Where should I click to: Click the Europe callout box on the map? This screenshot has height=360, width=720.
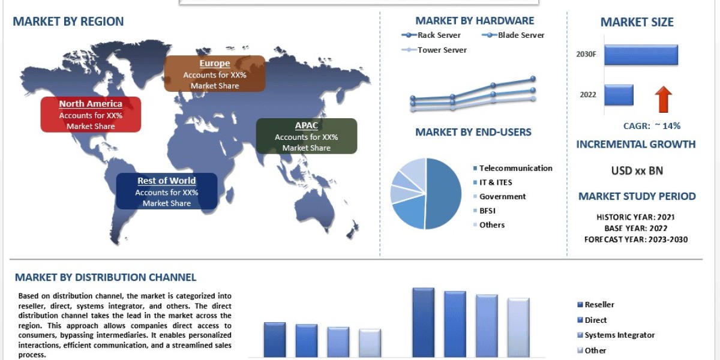click(x=215, y=74)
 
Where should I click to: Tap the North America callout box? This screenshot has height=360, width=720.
click(x=91, y=115)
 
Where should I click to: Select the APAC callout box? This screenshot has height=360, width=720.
click(x=307, y=136)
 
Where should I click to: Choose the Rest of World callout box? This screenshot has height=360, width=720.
click(x=167, y=191)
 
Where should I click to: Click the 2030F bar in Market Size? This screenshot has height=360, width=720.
click(x=641, y=55)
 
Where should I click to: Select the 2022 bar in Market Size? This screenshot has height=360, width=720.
click(x=619, y=95)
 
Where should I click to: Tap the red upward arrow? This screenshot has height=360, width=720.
click(x=663, y=100)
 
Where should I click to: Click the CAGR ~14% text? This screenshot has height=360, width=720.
click(x=652, y=126)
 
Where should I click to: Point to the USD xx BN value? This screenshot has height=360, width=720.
click(x=637, y=171)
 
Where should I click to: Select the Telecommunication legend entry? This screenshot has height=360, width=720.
click(x=515, y=168)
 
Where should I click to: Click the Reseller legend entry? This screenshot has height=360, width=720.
click(x=599, y=305)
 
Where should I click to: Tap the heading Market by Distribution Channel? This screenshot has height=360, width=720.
click(x=106, y=277)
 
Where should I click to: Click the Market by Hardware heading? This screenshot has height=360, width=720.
click(x=475, y=21)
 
